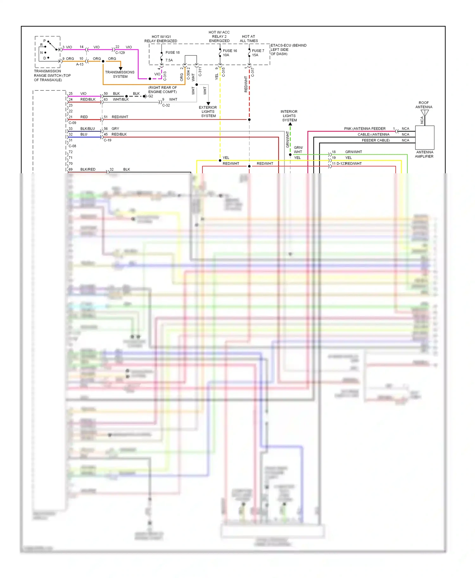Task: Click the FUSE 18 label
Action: pos(172,52)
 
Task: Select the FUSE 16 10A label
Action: pos(230,53)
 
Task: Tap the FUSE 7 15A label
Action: pos(258,53)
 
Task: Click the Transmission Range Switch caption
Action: pos(52,76)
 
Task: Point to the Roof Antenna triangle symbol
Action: pos(424,113)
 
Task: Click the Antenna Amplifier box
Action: pos(424,138)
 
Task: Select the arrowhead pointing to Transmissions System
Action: pos(120,68)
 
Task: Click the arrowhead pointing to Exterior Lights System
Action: pos(208,103)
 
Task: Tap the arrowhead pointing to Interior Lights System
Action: pos(290,124)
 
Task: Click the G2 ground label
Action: pos(151,96)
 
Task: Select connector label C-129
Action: pos(120,53)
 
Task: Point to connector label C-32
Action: pos(166,105)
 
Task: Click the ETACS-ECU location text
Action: pos(288,50)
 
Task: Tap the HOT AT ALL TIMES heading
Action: pos(249,39)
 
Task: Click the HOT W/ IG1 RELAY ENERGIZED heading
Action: pos(161,39)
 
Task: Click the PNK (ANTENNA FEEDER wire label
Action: pos(364,129)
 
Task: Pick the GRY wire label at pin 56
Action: pos(115,129)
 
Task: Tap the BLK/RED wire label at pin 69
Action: pos(88,169)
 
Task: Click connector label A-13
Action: pos(80,64)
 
